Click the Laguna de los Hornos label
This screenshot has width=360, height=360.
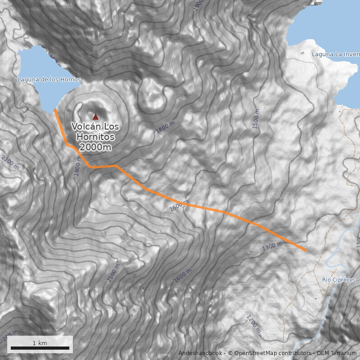[49, 80]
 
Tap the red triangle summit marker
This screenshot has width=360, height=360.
[95, 116]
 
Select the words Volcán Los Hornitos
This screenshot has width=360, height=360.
[95, 131]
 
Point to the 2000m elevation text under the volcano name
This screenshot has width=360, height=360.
[95, 147]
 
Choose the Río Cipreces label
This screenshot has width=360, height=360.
[339, 280]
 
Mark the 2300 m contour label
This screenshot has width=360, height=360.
[10, 162]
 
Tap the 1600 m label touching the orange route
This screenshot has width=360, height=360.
[179, 206]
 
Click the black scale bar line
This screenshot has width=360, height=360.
[40, 348]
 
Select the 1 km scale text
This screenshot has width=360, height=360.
[40, 343]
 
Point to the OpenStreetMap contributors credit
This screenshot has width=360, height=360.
[270, 353]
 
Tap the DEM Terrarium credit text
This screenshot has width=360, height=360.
[337, 353]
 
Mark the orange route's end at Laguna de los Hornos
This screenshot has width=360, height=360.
[55, 110]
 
